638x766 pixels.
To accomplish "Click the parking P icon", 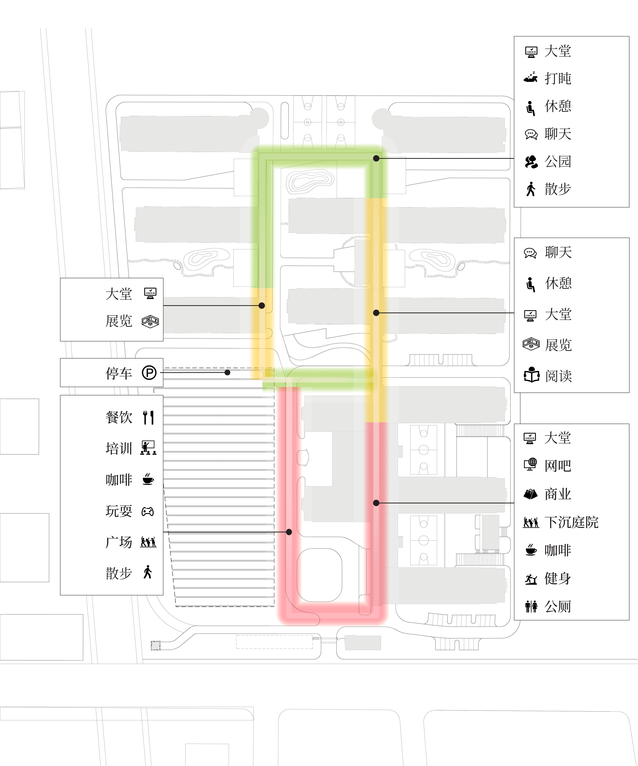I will pos(149,373).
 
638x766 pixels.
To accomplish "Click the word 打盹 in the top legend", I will pos(558,78).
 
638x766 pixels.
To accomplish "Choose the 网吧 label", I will pos(558,466).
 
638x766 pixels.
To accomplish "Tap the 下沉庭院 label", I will pos(571,522).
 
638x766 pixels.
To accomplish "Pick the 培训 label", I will pos(119,448).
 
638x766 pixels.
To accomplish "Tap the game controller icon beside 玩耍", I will pos(147,512).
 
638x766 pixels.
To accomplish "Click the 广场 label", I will pos(119,542).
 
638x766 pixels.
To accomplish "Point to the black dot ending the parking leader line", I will pos(227,372).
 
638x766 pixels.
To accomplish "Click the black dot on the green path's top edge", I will pos(376,158).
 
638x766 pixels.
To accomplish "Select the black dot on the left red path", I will pos(289,532).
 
